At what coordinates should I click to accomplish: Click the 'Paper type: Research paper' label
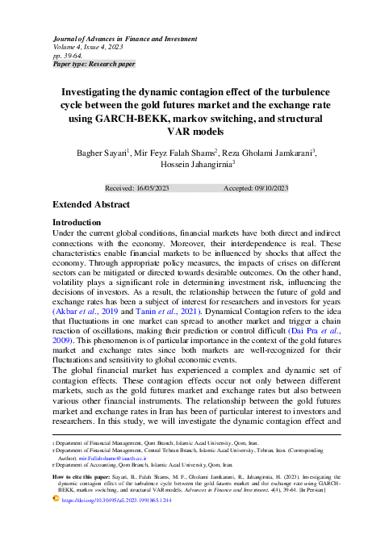click(94, 63)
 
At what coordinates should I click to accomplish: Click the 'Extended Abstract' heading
click(90, 205)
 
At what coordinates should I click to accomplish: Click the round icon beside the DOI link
click(56, 501)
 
